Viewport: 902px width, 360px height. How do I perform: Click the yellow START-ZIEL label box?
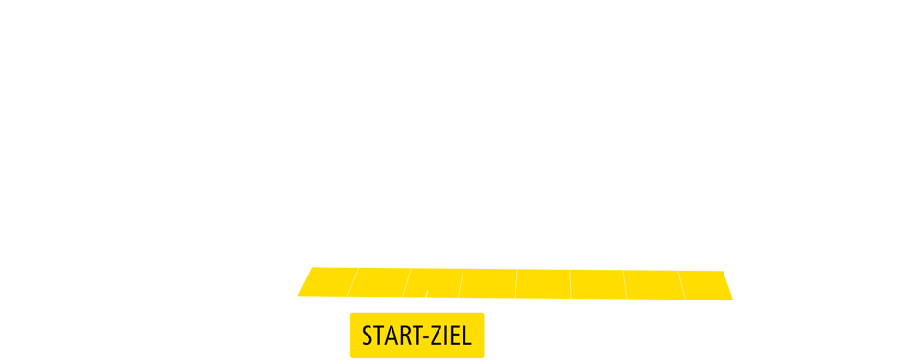(416, 335)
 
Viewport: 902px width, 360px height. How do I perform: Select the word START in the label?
(388, 336)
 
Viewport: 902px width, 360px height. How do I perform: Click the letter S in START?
(367, 336)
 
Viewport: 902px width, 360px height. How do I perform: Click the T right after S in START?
(377, 336)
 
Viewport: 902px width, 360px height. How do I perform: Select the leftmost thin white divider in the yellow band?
(352, 283)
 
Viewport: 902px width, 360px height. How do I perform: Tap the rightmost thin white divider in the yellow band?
(682, 283)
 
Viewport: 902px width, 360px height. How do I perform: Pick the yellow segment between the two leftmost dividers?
(379, 283)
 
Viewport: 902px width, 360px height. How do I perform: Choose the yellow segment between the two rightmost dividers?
(653, 283)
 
